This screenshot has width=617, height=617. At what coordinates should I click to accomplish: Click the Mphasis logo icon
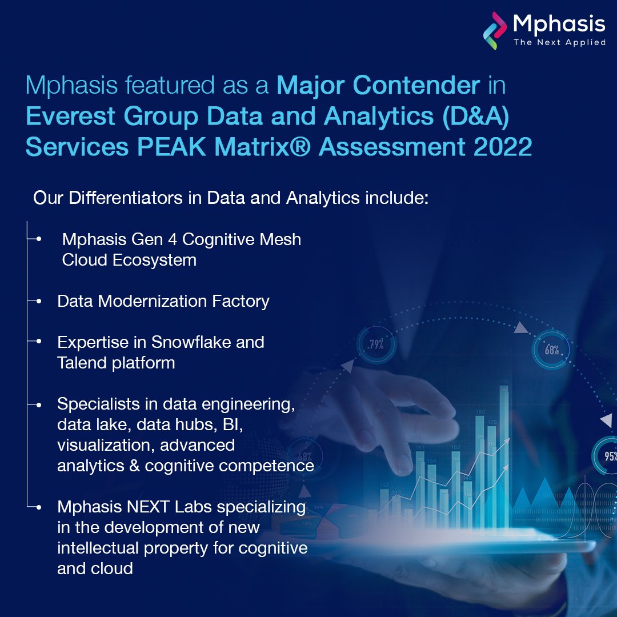pos(495,30)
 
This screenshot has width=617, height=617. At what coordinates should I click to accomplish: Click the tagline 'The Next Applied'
pos(559,42)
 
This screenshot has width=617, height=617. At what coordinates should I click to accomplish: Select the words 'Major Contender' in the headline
pos(378,86)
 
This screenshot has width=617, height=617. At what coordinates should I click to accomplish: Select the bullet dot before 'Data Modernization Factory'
pos(39,301)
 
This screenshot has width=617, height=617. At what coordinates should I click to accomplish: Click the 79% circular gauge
pos(375,344)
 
